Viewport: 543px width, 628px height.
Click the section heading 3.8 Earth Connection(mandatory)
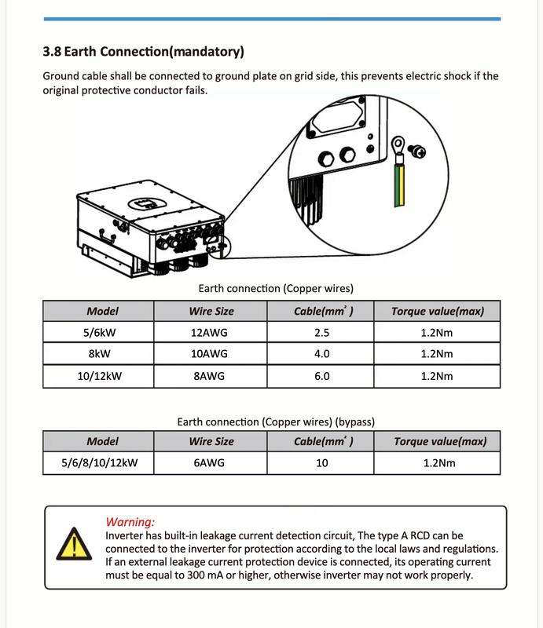143,53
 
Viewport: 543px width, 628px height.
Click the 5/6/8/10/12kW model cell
100,462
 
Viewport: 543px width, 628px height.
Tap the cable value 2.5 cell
322,332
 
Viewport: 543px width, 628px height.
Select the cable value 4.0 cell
322,354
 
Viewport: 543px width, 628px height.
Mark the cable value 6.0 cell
322,376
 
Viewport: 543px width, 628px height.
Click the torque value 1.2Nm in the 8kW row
437,354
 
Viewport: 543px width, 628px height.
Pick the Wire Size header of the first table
211,311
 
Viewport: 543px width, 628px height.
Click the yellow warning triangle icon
73,544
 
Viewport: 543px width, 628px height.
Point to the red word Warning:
130,522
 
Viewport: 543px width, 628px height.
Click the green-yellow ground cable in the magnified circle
399,185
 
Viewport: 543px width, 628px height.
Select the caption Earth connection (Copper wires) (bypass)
281,422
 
